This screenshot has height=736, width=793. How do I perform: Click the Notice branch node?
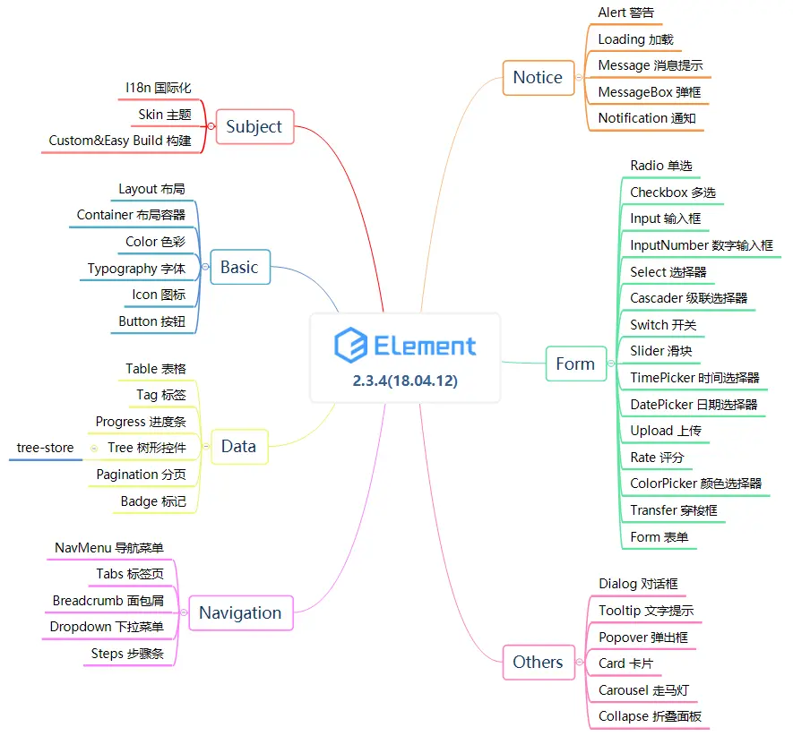pyautogui.click(x=538, y=78)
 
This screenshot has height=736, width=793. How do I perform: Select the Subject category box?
pyautogui.click(x=254, y=126)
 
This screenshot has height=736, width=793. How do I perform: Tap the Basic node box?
pyautogui.click(x=239, y=267)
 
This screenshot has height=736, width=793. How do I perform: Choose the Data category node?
pyautogui.click(x=238, y=446)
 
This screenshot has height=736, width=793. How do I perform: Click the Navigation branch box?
pyautogui.click(x=240, y=612)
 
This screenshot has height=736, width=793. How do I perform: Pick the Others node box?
pyautogui.click(x=538, y=662)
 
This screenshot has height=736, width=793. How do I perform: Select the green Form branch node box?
pyautogui.click(x=575, y=364)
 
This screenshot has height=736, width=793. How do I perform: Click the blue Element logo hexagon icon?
pyautogui.click(x=351, y=346)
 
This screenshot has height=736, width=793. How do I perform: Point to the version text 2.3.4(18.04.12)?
pyautogui.click(x=405, y=381)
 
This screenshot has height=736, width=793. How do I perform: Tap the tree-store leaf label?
pyautogui.click(x=45, y=448)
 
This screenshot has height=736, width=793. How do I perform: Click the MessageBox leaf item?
pyautogui.click(x=650, y=91)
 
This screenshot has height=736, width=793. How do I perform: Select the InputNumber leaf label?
pyautogui.click(x=701, y=245)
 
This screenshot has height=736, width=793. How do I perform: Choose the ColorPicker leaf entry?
pyautogui.click(x=695, y=484)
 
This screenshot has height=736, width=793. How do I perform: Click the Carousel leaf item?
pyautogui.click(x=643, y=690)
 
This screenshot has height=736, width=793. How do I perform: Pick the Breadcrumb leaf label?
pyautogui.click(x=108, y=601)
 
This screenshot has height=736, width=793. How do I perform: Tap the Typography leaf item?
pyautogui.click(x=136, y=269)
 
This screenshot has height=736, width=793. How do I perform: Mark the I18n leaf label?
pyautogui.click(x=158, y=88)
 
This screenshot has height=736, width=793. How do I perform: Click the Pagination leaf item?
pyautogui.click(x=141, y=475)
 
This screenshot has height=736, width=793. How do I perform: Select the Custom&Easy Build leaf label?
pyautogui.click(x=119, y=141)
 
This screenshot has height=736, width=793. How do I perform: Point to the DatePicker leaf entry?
pyautogui.click(x=694, y=405)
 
